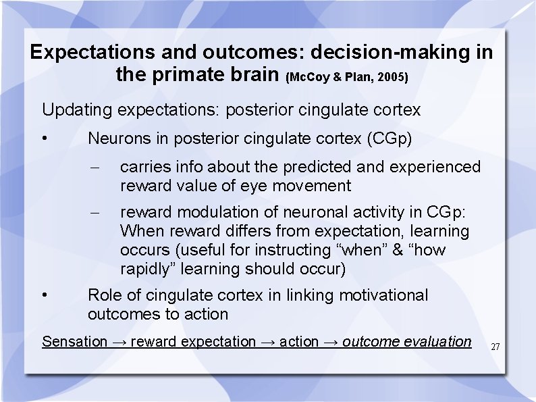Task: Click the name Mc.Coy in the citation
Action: pos(308,77)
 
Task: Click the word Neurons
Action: pos(119,139)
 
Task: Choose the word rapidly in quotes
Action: pos(147,269)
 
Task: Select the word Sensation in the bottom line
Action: pos(74,342)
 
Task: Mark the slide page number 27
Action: pos(495,347)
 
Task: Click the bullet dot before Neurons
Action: pos(45,140)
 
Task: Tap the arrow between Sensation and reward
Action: pos(119,342)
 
